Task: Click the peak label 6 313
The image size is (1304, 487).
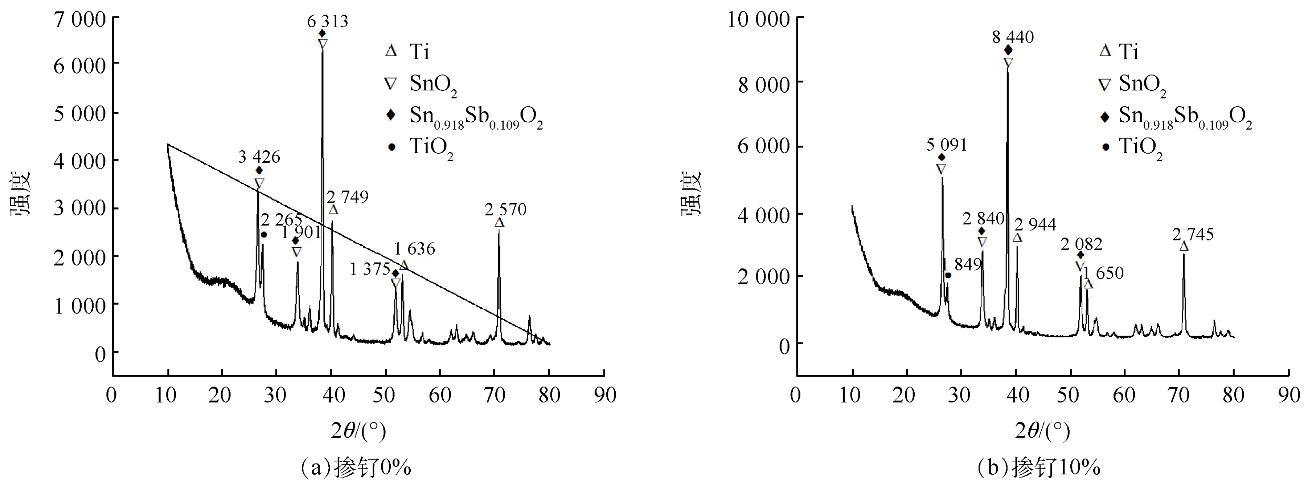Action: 328,22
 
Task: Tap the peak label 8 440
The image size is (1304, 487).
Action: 1012,37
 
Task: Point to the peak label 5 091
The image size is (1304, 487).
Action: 947,145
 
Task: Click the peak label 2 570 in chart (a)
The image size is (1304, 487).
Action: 505,209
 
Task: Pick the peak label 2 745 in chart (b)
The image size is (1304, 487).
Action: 1193,234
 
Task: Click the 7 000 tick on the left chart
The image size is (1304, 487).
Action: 80,19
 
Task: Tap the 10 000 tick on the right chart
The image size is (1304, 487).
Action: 758,19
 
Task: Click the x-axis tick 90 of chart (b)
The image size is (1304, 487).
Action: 1288,395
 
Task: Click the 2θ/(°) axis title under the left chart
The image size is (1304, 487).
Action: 358,431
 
